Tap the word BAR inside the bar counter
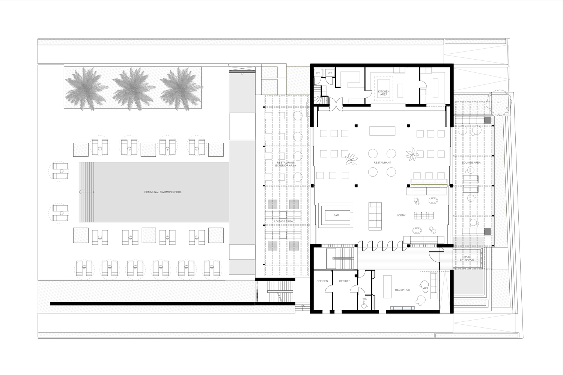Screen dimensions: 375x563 (336, 215)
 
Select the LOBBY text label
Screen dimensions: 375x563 (401, 215)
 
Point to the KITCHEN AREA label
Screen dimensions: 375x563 (383, 93)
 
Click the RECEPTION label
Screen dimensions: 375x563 (402, 290)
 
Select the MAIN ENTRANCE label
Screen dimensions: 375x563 (467, 258)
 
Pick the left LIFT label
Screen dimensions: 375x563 (318, 73)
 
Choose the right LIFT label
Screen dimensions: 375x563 (330, 73)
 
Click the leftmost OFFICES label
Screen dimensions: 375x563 (322, 281)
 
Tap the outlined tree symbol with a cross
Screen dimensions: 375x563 (498, 102)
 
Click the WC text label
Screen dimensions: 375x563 (364, 299)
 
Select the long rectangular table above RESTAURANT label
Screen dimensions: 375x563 (382, 130)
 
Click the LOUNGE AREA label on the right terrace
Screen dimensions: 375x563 (471, 163)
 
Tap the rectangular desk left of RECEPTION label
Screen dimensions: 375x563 (387, 286)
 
